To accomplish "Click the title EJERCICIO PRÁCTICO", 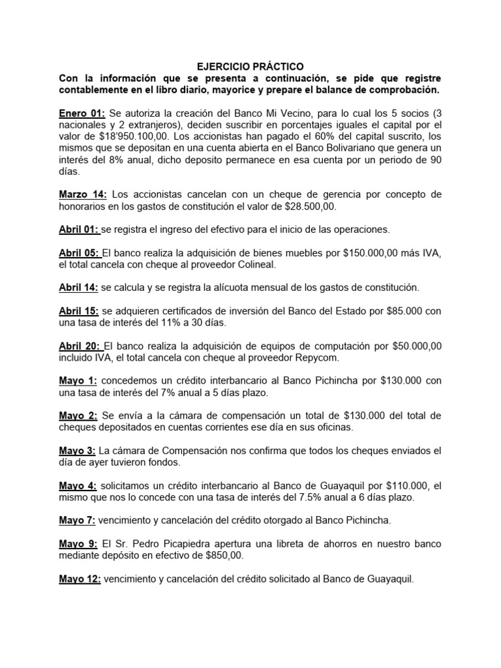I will pyautogui.click(x=250, y=67).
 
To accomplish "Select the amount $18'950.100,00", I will pyautogui.click(x=130, y=136).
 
